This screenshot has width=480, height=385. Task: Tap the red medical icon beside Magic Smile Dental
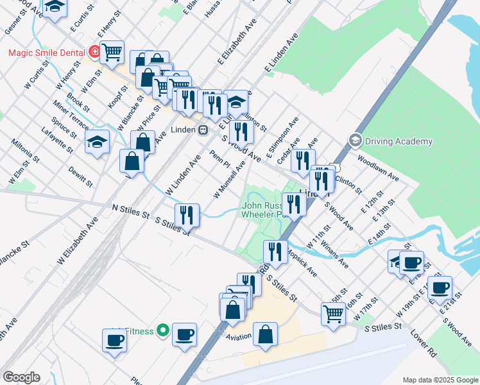94,49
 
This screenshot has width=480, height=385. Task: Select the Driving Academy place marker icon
355,140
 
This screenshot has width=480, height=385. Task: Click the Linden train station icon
203,130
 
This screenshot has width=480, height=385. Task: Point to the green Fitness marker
163,331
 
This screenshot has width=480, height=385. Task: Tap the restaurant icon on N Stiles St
187,215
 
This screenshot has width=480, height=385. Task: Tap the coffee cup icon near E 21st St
440,287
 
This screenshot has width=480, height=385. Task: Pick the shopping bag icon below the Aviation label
265,334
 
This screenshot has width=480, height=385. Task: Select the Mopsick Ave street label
302,262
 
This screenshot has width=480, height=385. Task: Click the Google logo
21,377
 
